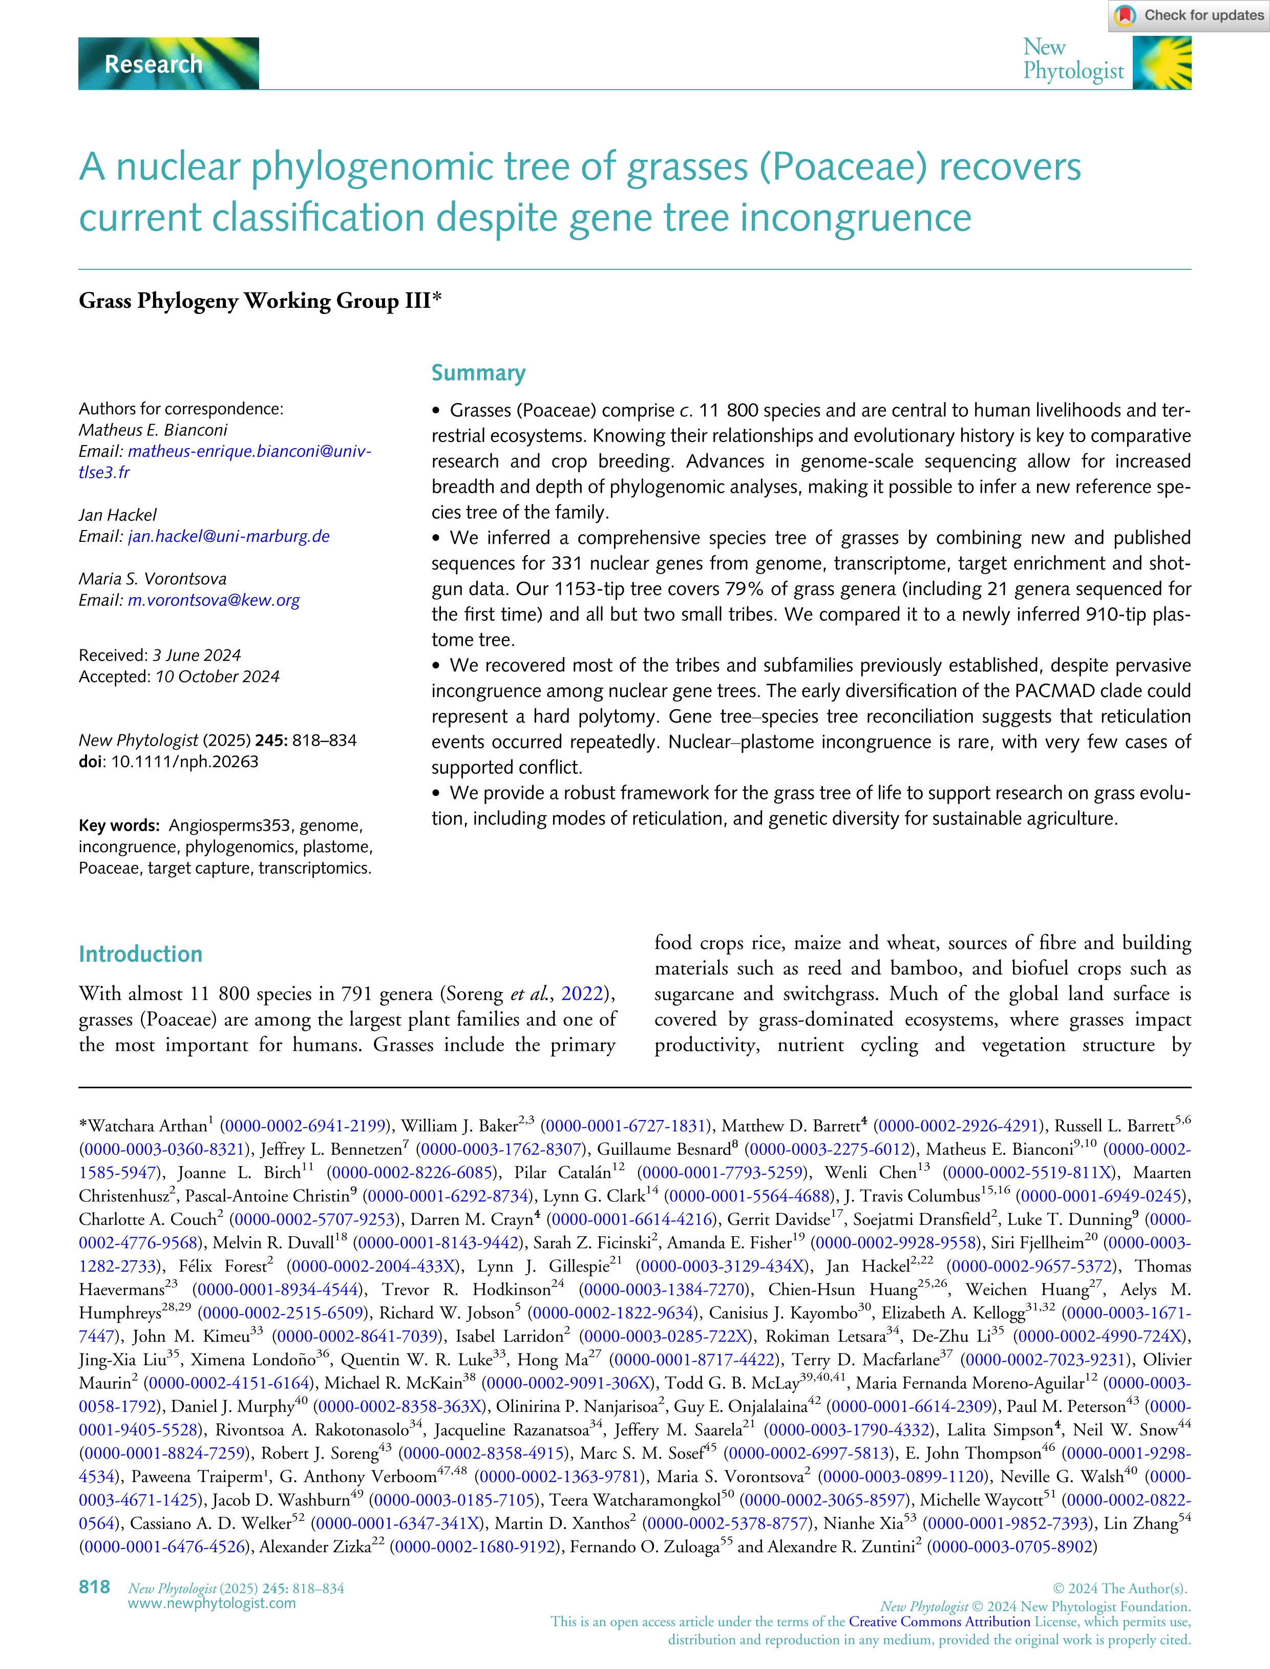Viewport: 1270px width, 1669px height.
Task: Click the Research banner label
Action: [154, 64]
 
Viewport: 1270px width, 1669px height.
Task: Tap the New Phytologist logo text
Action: [1073, 60]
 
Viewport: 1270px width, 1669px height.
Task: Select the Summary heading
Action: [478, 373]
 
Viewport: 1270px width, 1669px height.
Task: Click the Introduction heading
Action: [141, 954]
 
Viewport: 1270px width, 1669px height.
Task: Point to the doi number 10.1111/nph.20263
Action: [184, 762]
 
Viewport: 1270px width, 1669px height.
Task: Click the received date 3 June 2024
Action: [197, 656]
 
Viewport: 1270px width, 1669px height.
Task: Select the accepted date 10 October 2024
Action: [217, 677]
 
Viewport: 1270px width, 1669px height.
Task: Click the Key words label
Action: [119, 826]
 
